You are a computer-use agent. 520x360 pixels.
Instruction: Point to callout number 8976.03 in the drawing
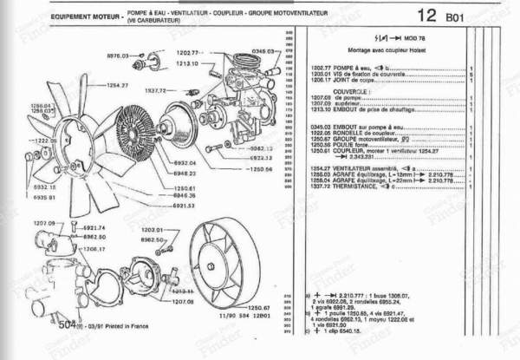(119, 55)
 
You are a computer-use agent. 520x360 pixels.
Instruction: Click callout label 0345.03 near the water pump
(264, 52)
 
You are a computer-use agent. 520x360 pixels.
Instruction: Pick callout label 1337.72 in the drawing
(156, 88)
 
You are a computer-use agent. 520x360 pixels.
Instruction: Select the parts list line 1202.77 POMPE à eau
(347, 68)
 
